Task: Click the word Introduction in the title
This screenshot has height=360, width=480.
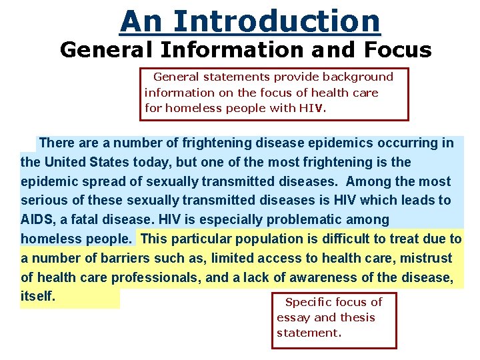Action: [x=277, y=21]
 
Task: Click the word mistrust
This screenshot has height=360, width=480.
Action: [x=427, y=258]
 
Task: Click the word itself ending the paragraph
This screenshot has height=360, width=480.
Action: [x=37, y=296]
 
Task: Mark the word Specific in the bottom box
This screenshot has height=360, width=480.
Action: [x=311, y=302]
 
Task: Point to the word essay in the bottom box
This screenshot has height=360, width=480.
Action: [x=293, y=317]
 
